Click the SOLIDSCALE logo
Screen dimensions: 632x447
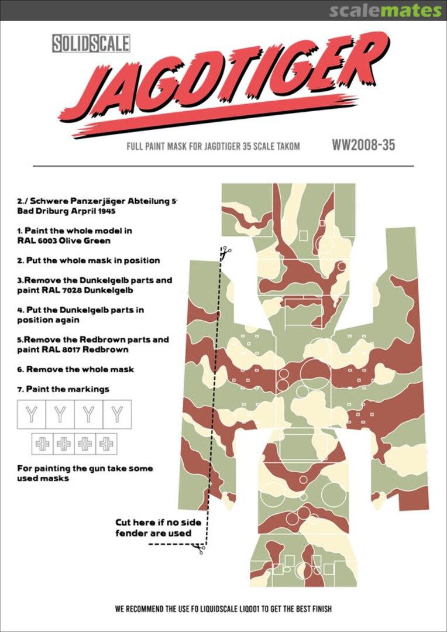[x=91, y=43]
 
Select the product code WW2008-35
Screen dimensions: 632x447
[x=363, y=145]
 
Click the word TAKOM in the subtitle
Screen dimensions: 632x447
[x=286, y=146]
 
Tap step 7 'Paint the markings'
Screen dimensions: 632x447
[x=63, y=389]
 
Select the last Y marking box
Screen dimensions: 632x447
[x=117, y=414]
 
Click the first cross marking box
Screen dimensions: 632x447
[x=42, y=444]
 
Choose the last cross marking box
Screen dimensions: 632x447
[x=106, y=444]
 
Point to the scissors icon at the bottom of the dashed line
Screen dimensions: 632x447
[x=199, y=548]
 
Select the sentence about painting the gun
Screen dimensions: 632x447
[x=85, y=473]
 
